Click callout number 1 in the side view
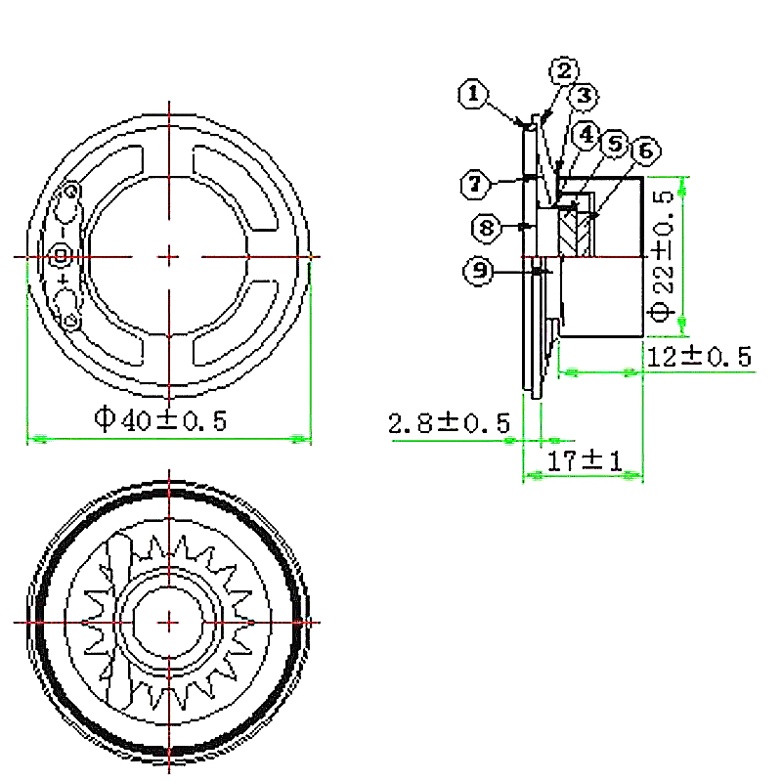pos(473,94)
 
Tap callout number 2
pos(564,70)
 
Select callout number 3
pos(585,96)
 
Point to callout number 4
pos(586,134)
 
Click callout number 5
pos(616,144)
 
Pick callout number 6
pos(646,151)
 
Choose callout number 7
pos(475,184)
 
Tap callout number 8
pos(486,228)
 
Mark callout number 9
pos(479,271)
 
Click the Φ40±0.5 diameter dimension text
pos(160,420)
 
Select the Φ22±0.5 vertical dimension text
pos(664,255)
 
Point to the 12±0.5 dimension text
pos(699,356)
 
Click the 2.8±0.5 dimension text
pos(450,423)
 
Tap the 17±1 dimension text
pos(585,460)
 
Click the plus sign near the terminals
pos(64,281)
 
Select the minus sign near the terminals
pos(63,233)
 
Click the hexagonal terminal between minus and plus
pos(61,256)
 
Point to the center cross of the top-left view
pos(169,257)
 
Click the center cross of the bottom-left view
pos(169,622)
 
